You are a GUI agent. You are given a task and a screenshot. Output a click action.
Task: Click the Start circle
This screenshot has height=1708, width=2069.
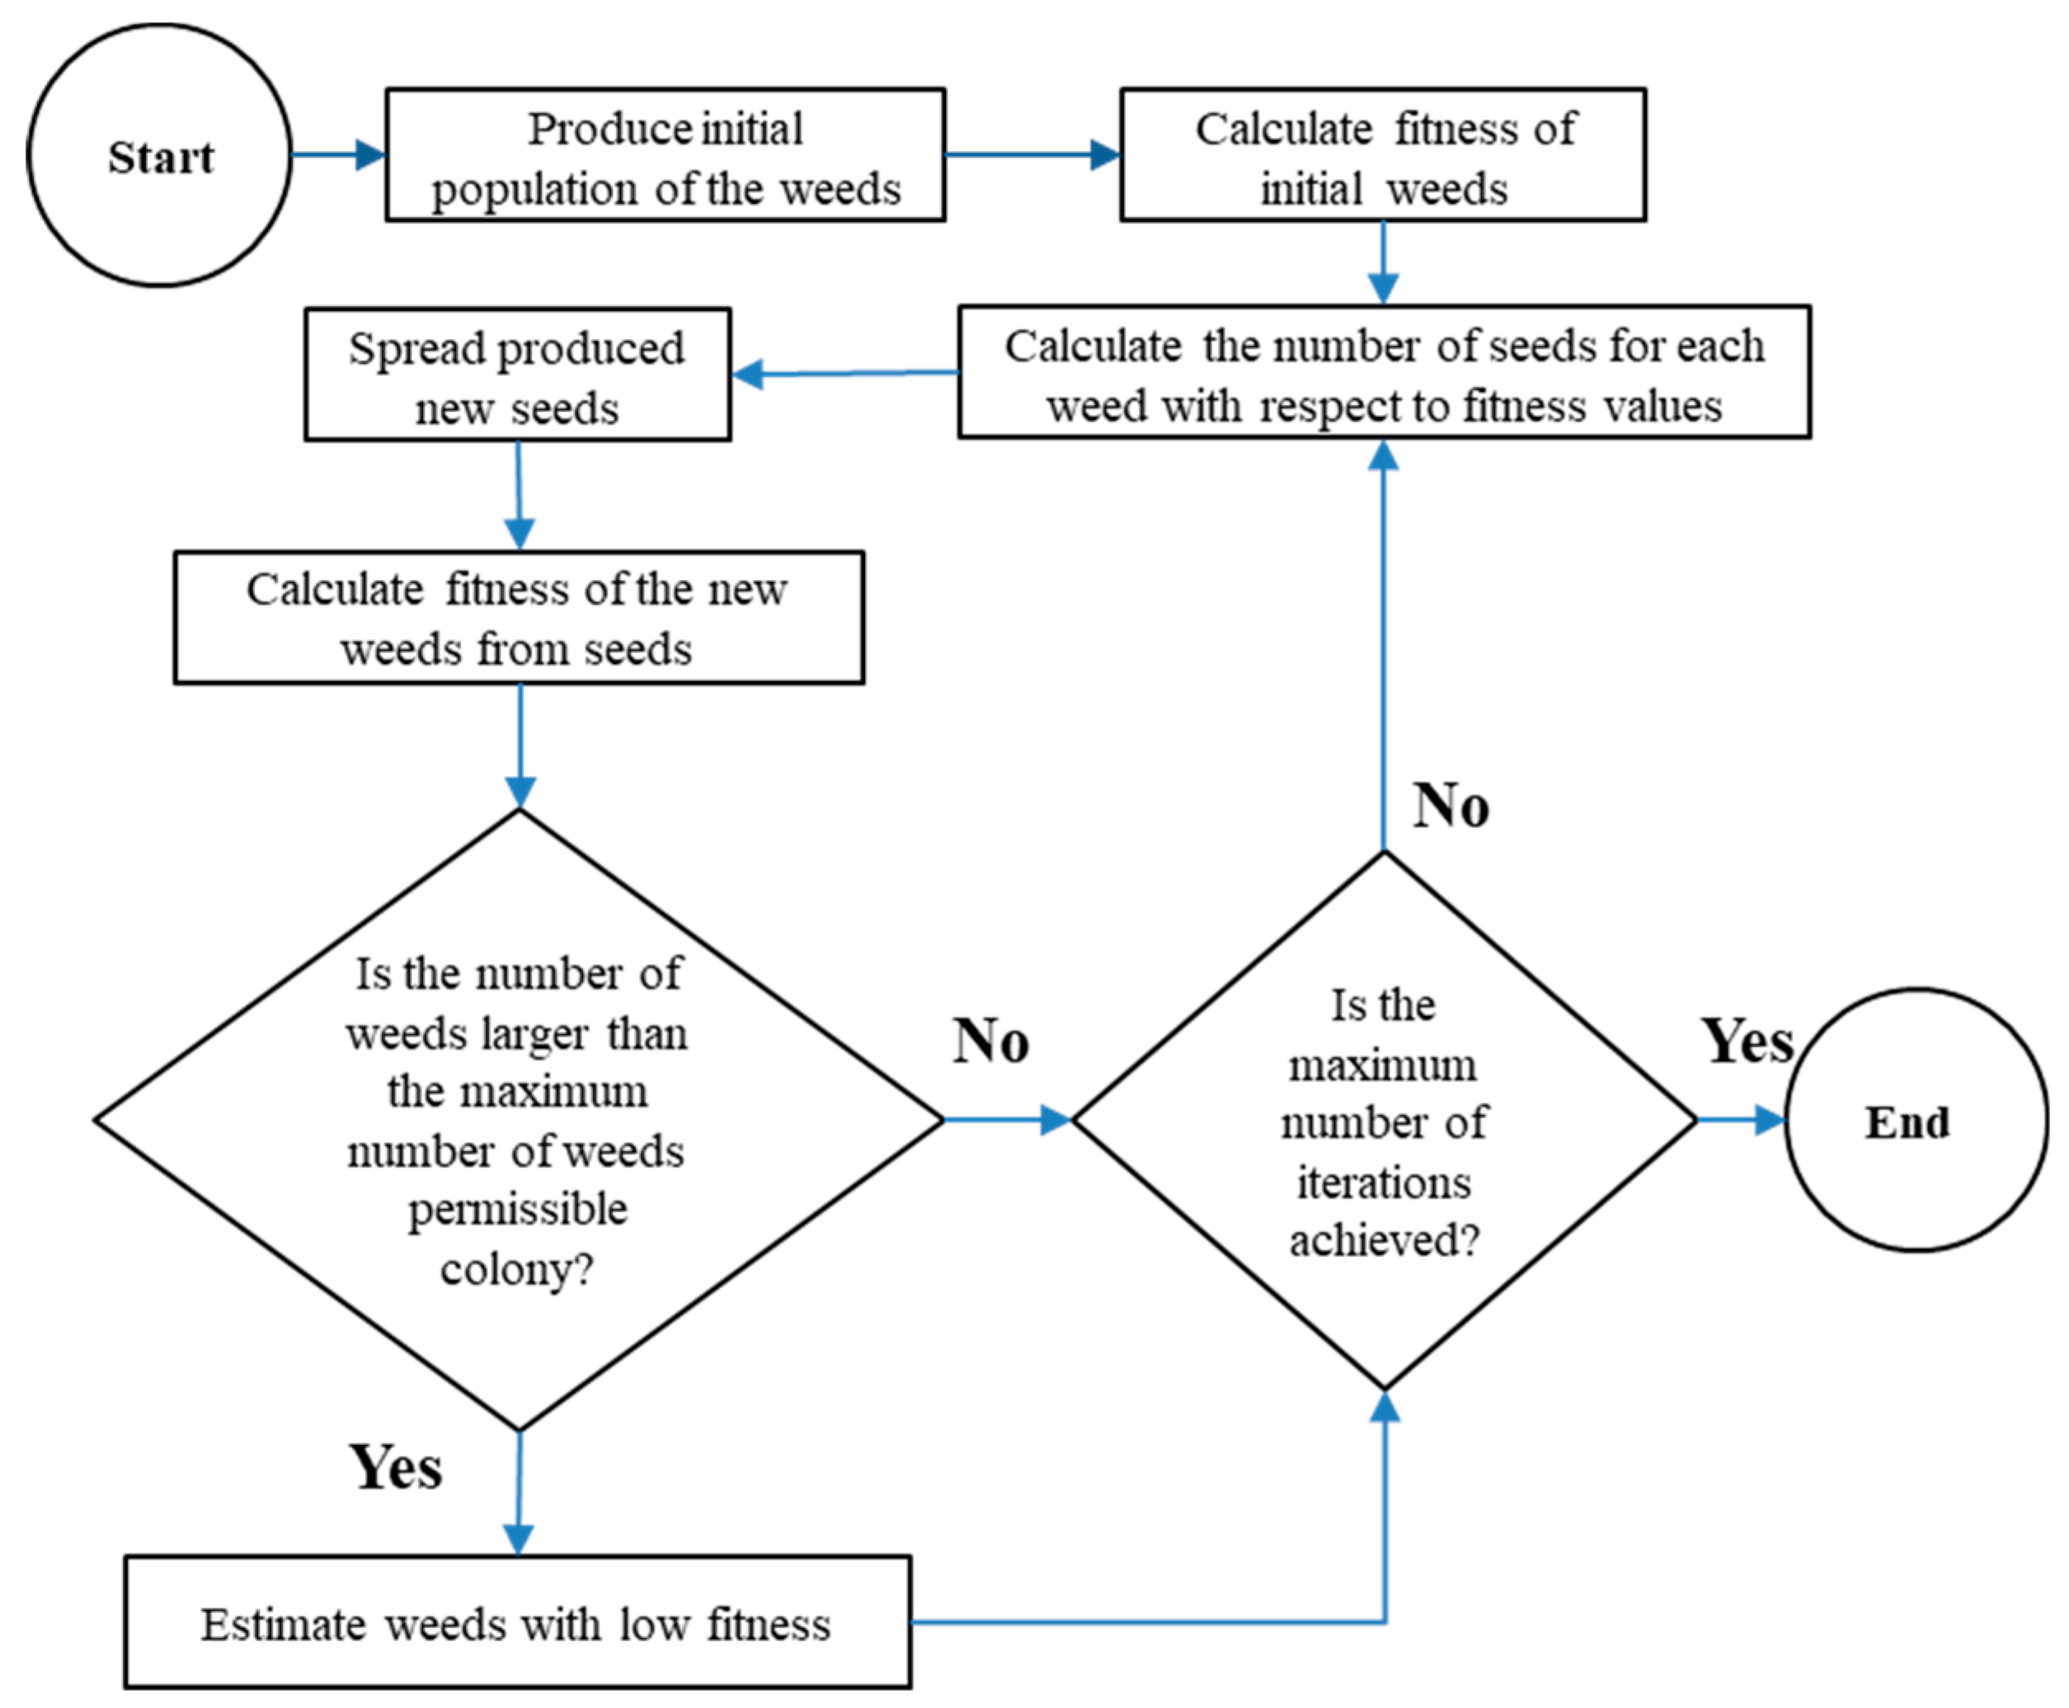click(x=159, y=155)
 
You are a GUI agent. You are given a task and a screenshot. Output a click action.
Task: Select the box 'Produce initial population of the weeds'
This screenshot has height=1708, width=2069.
click(x=665, y=155)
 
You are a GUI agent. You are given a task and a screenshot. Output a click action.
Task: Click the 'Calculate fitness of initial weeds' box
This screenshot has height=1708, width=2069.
click(x=1382, y=155)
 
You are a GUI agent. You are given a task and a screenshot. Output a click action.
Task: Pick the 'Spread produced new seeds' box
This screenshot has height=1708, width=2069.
click(x=518, y=375)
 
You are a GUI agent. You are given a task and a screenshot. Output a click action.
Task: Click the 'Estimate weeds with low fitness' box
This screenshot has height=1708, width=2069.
click(x=518, y=1625)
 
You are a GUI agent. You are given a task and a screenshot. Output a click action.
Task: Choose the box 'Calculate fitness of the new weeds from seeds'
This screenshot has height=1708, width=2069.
click(x=519, y=618)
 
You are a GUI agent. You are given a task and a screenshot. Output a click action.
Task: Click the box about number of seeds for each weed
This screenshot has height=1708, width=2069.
click(x=1383, y=373)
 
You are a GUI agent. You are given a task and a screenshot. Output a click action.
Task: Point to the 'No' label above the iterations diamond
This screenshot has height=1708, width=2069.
click(x=1451, y=807)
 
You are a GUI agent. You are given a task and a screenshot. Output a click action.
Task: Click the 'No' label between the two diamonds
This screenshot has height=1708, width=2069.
click(x=990, y=1041)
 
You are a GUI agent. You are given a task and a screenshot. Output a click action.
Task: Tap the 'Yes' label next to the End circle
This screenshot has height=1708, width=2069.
click(x=1747, y=1041)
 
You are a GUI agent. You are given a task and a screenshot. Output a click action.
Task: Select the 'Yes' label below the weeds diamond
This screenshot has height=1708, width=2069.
click(x=396, y=1468)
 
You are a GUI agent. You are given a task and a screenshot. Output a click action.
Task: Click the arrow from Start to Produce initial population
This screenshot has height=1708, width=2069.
click(x=337, y=154)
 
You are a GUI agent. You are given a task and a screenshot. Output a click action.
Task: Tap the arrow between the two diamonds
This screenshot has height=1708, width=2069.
click(x=1006, y=1120)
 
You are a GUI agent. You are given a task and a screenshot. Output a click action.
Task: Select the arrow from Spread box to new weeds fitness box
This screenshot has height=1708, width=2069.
click(x=519, y=495)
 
